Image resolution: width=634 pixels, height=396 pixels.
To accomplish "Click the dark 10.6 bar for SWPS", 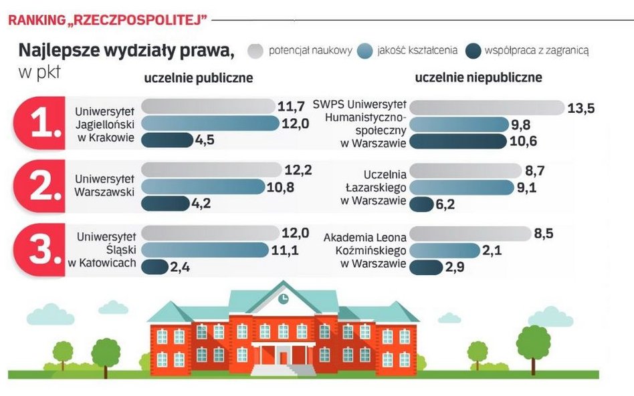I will [x=457, y=142].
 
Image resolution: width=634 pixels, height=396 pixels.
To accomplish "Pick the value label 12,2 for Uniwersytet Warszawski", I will [x=298, y=170].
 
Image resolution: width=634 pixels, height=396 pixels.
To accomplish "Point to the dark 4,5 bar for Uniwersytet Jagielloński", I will [x=167, y=140].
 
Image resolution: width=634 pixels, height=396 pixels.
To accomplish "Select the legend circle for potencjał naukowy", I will [x=256, y=51].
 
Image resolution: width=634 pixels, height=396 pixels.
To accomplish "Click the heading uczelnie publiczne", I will [x=199, y=78].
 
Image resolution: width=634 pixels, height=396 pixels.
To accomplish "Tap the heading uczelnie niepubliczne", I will [x=478, y=78].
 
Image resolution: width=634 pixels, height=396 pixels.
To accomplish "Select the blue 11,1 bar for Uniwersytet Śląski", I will [x=209, y=250].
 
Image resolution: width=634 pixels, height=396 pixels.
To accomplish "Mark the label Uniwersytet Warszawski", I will [x=105, y=186].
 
